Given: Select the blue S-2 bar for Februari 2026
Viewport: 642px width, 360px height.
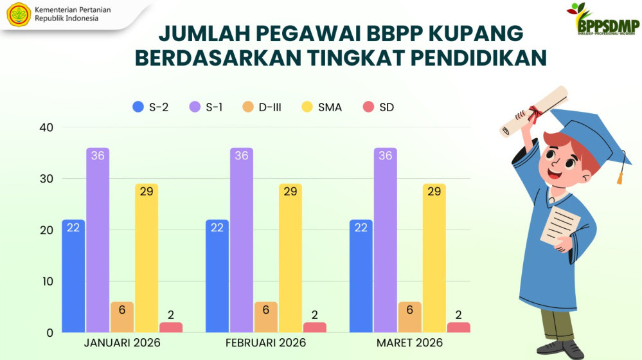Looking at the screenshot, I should point(217,276).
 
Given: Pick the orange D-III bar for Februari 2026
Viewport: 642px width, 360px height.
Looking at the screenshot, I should point(266,317).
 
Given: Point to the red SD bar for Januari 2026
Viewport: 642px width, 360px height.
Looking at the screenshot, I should point(171,327).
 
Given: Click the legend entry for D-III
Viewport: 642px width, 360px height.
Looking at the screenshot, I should point(262,107).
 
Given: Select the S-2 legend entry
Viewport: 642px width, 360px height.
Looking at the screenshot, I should point(151,107).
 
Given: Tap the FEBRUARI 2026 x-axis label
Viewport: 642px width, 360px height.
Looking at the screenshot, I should point(265,343).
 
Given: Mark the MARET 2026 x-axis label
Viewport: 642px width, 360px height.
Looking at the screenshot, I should point(409,343).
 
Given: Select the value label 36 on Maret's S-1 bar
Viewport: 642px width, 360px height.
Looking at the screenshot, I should point(386,156).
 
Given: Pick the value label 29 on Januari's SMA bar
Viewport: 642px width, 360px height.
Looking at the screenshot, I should point(147,192).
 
